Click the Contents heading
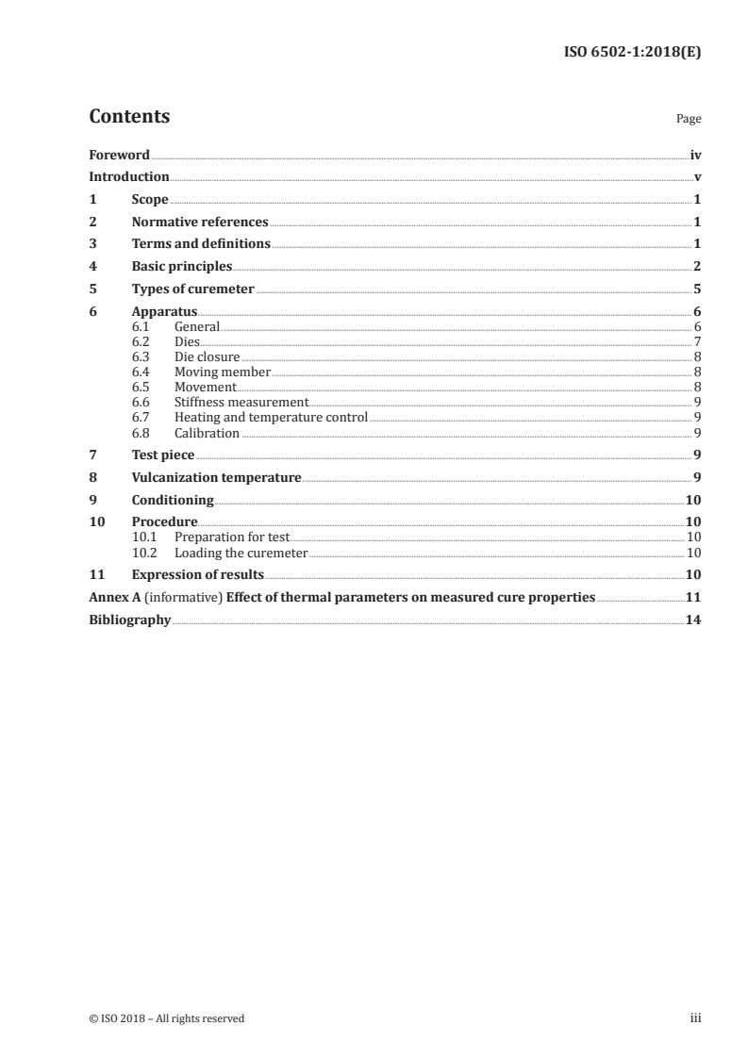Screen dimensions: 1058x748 coord(129,117)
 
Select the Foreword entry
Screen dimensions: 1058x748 coord(119,155)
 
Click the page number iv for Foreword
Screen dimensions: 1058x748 coord(695,155)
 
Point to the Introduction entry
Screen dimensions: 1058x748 coord(129,177)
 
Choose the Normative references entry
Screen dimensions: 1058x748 coord(200,223)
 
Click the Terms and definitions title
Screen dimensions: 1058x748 coord(201,244)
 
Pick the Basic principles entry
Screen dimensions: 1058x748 coord(182,267)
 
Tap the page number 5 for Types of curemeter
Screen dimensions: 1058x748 coord(697,289)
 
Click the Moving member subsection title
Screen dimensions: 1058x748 coord(223,372)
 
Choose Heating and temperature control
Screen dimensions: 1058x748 coord(271,417)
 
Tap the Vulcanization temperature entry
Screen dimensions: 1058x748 coord(216,478)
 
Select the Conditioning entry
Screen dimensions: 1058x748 coord(173,501)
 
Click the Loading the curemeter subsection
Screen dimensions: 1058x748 coord(241,554)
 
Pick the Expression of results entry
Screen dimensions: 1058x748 coord(197,574)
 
